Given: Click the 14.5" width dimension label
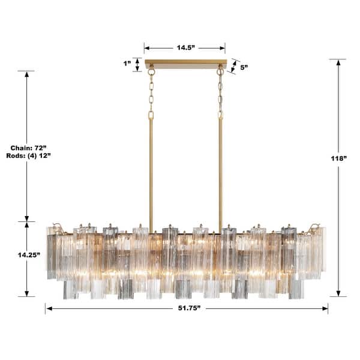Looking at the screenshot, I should [185, 47].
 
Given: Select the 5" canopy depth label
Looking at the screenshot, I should [244, 68].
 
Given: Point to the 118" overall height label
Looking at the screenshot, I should [338, 158].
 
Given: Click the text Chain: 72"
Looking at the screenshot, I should [26, 148].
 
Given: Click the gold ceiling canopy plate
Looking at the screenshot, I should [185, 63].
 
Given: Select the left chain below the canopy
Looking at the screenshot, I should [151, 93].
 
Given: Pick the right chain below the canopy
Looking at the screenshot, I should [220, 93].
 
